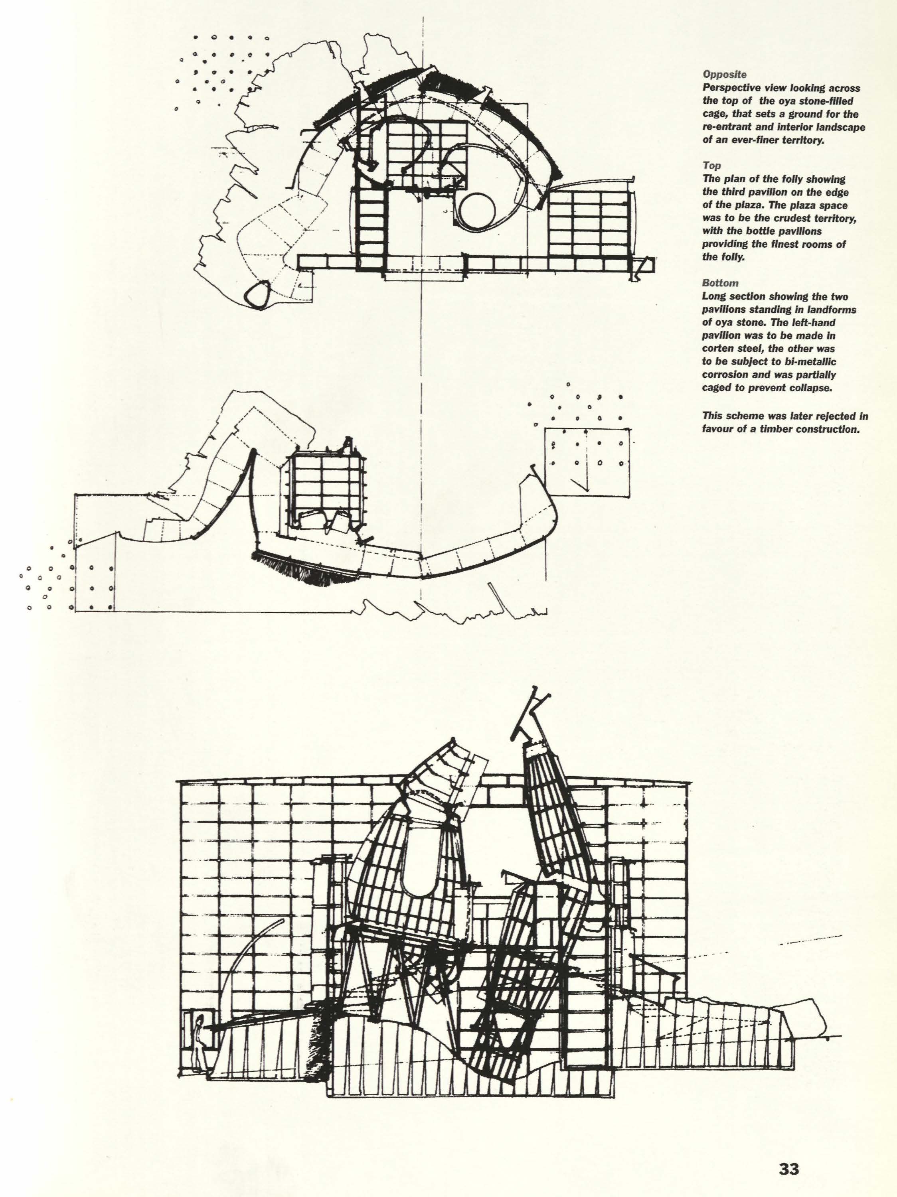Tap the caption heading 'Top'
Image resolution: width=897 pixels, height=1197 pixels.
[x=710, y=166]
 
